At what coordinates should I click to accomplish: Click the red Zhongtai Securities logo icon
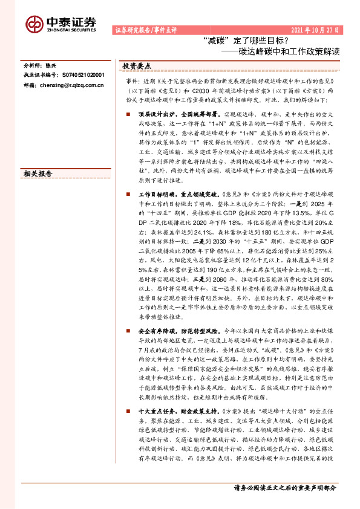tap(34, 24)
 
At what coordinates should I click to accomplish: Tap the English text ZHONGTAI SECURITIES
tap(70, 28)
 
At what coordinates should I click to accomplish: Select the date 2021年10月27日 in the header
tap(315, 29)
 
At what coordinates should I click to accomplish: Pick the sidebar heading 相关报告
tap(38, 174)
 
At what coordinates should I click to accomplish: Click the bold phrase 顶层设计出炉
tap(154, 114)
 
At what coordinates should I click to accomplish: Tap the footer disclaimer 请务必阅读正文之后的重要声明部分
tap(284, 488)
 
